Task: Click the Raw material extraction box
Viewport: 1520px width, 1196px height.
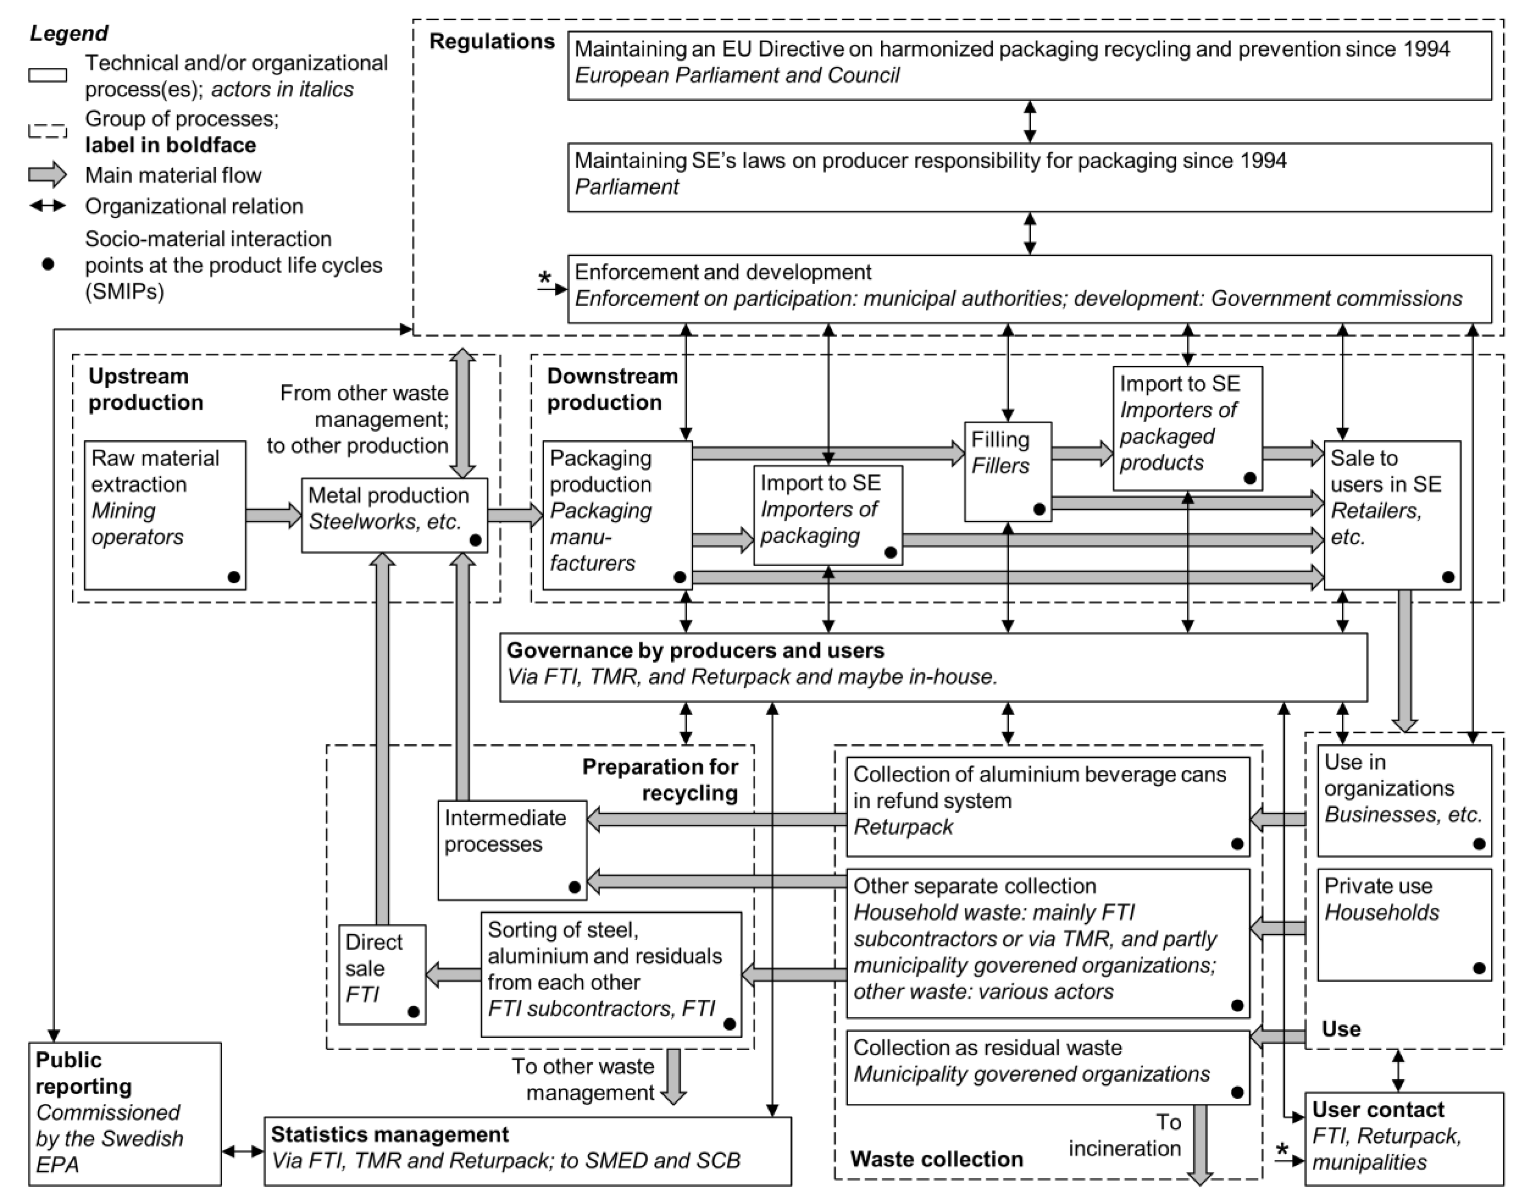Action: coord(165,515)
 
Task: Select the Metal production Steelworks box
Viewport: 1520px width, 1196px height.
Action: coord(394,515)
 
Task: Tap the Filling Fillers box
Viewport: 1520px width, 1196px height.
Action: coord(1008,471)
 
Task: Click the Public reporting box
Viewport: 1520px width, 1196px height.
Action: coord(125,1113)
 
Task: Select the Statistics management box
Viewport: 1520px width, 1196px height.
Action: coord(527,1150)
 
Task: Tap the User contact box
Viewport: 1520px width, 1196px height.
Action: coord(1404,1138)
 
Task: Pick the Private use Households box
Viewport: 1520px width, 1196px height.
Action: coord(1404,924)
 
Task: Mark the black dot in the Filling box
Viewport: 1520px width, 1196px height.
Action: coord(1039,509)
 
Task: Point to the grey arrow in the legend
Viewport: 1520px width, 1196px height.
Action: coord(48,175)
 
